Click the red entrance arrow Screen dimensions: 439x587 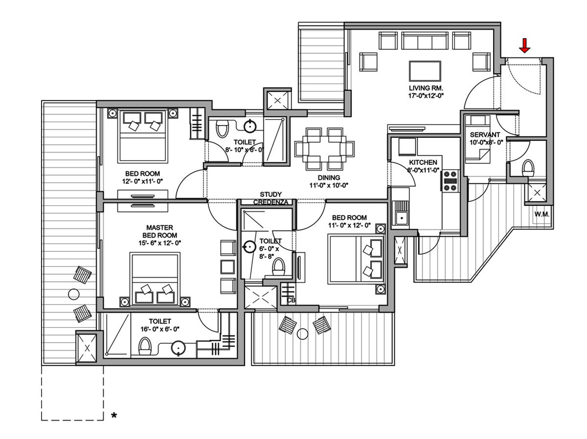click(524, 46)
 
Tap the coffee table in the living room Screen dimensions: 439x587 click(425, 70)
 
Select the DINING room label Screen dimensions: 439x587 click(328, 177)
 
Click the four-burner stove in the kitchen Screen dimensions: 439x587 click(450, 180)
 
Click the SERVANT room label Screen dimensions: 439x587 click(485, 134)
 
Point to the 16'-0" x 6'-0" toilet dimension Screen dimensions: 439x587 click(160, 329)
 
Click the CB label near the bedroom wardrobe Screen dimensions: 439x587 click(291, 300)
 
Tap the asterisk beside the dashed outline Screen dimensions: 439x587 click(114, 416)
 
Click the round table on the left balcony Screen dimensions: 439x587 click(73, 294)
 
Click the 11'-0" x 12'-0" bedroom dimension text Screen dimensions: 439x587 click(349, 226)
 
